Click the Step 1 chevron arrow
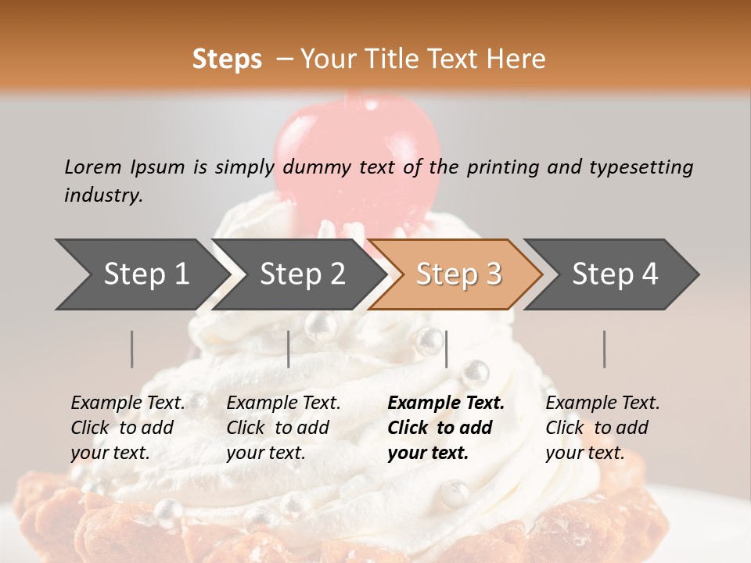click(x=141, y=274)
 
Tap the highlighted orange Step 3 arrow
click(x=456, y=274)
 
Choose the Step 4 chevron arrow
click(x=613, y=274)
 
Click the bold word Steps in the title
click(x=227, y=59)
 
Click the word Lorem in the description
click(x=93, y=167)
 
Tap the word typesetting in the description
click(x=641, y=167)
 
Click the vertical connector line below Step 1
click(x=132, y=349)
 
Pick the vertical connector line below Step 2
click(x=289, y=349)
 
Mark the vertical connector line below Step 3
click(x=446, y=349)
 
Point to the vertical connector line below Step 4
click(x=604, y=349)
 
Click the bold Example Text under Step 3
click(x=446, y=403)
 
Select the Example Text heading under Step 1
click(x=128, y=403)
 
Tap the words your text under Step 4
click(x=584, y=453)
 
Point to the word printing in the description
click(x=501, y=167)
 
